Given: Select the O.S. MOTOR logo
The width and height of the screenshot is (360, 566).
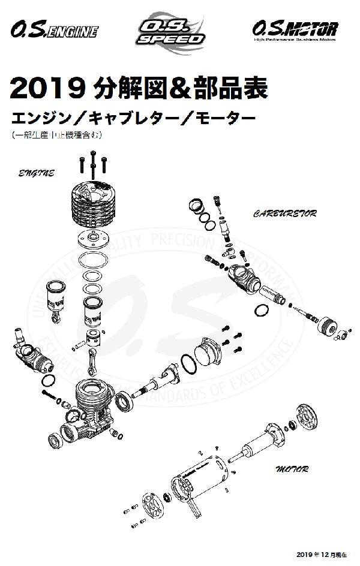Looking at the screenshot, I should (295, 29).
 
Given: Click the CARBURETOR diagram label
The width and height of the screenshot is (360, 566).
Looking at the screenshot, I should (284, 213).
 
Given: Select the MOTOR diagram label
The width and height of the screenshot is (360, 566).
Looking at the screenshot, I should (292, 468).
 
